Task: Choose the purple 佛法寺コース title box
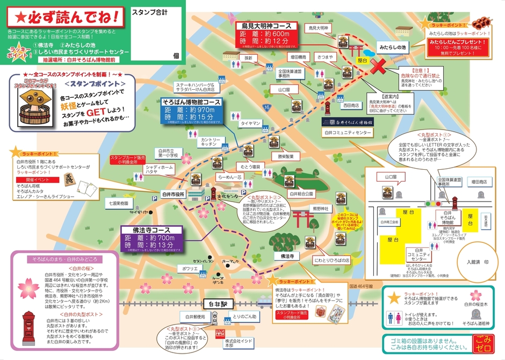click(x=153, y=229)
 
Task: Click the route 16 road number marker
click(x=266, y=107)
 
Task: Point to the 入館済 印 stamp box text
click(x=473, y=263)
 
